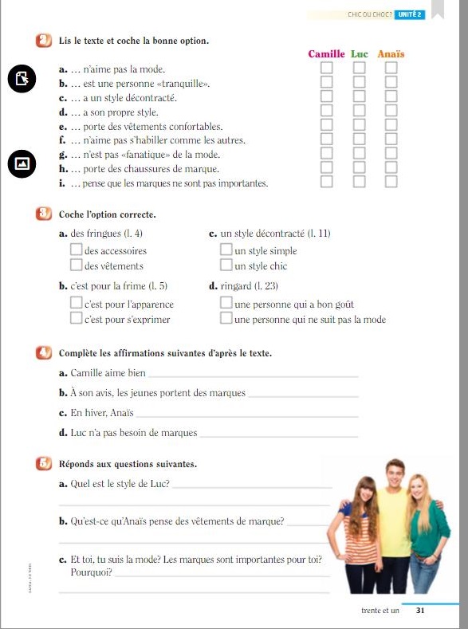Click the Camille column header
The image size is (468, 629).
coord(326,54)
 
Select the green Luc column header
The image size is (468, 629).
coord(360,54)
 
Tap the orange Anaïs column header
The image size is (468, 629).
coord(391,54)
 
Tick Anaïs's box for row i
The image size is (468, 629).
coord(391,182)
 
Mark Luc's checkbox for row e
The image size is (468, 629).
coord(360,125)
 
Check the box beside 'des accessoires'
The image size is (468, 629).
coord(76,250)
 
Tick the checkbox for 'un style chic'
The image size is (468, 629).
coord(226,265)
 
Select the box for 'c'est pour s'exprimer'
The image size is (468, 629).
coord(76,319)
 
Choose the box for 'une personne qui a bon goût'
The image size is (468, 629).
coord(226,304)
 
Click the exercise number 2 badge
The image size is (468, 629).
coord(43,41)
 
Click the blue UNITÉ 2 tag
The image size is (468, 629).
coord(409,14)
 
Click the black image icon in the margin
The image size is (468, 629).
coord(22,163)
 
